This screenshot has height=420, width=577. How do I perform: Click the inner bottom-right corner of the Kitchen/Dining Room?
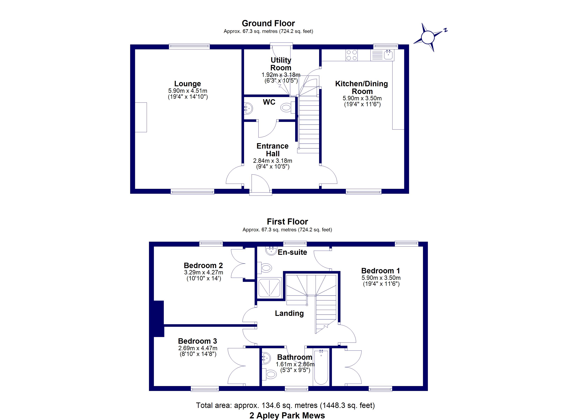point(404,189)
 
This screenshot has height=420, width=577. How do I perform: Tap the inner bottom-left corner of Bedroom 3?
point(154,386)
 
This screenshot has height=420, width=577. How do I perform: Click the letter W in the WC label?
point(266,102)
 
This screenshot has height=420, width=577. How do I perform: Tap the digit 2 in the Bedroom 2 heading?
point(220,265)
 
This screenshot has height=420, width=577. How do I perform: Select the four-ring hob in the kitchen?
point(352,55)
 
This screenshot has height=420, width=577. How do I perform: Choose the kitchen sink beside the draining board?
point(389,55)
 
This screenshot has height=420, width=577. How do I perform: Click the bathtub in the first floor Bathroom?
point(321,367)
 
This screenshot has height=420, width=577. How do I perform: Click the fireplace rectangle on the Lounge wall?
point(141,117)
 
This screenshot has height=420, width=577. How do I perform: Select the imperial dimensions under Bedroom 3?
point(198,354)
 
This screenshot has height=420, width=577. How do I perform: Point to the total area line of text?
point(285,405)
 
